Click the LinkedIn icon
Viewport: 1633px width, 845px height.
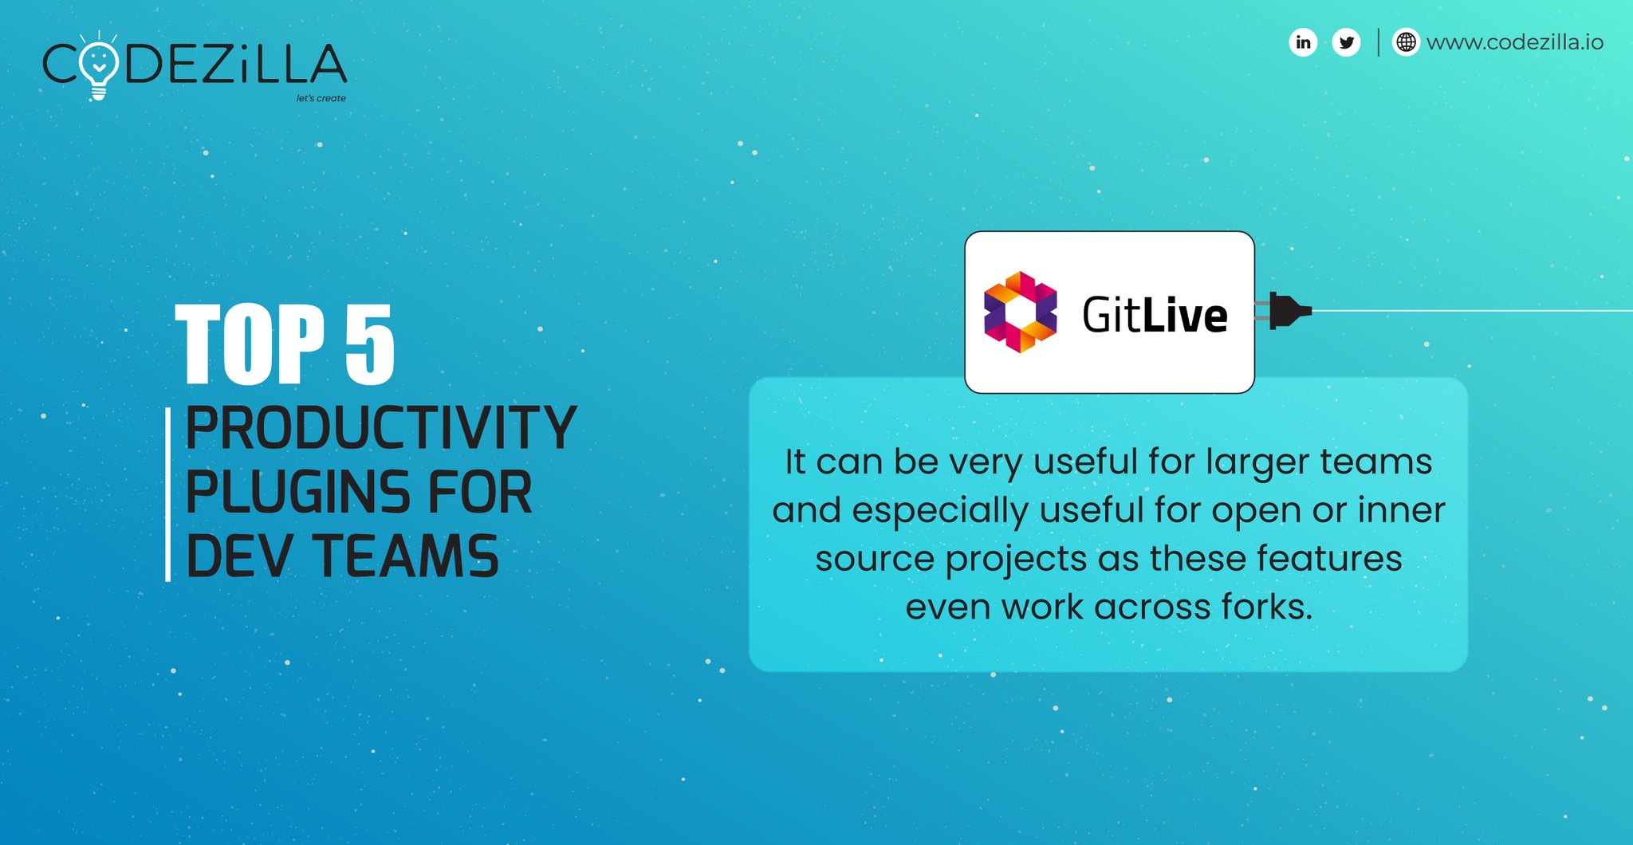pyautogui.click(x=1303, y=42)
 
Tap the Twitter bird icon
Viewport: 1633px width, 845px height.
pyautogui.click(x=1346, y=42)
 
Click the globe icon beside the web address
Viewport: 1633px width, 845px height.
pyautogui.click(x=1406, y=42)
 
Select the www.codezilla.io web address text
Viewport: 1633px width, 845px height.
pyautogui.click(x=1514, y=42)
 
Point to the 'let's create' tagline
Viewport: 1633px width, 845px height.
pyautogui.click(x=321, y=98)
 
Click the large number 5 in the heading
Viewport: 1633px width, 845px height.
pyautogui.click(x=369, y=344)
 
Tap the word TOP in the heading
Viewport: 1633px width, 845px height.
pyautogui.click(x=250, y=344)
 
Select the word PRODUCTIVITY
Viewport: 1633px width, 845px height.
pyautogui.click(x=380, y=428)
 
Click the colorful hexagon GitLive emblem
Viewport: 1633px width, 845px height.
pyautogui.click(x=1020, y=312)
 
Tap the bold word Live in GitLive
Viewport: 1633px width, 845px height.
pyautogui.click(x=1186, y=316)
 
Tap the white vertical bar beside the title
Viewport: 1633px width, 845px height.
pyautogui.click(x=168, y=494)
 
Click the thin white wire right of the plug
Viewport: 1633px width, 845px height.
pyautogui.click(x=1475, y=311)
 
